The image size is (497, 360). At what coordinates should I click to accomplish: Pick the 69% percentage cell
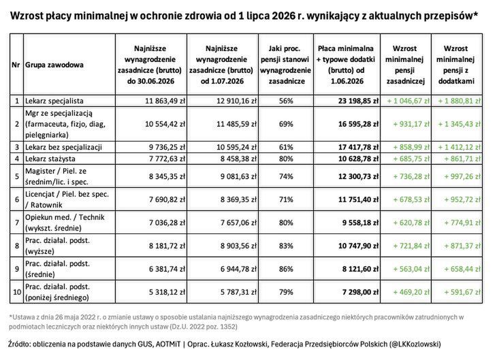[x=286, y=124]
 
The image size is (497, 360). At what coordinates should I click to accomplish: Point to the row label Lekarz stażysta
[x=53, y=159]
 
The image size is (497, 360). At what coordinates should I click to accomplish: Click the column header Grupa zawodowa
[x=54, y=65]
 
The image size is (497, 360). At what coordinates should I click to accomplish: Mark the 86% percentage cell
[x=286, y=269]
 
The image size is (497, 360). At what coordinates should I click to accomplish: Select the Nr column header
[x=15, y=65]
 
